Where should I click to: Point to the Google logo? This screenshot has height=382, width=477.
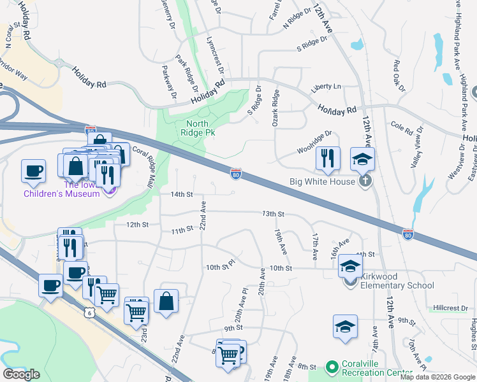tap(21, 374)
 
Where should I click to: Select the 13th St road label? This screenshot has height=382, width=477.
tap(272, 215)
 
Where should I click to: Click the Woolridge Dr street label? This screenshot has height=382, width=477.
tap(315, 143)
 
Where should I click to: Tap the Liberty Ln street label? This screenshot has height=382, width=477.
tap(326, 86)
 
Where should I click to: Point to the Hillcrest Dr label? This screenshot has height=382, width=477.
tap(450, 308)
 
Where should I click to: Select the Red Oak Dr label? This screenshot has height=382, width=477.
tap(399, 75)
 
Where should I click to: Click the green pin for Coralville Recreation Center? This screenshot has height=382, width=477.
tap(331, 367)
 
